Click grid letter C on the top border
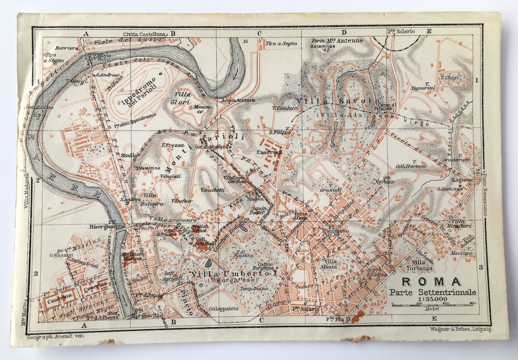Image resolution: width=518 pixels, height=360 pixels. click(x=259, y=34)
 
